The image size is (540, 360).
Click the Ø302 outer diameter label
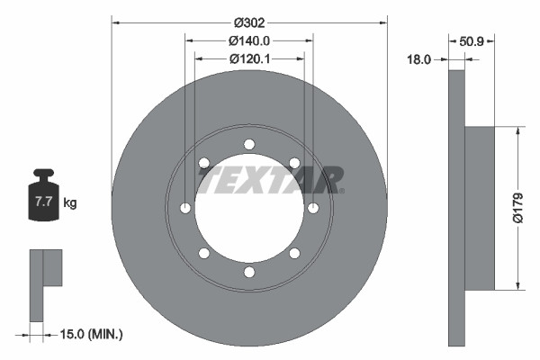coord(249,21)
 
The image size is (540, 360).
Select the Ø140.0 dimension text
coord(249,40)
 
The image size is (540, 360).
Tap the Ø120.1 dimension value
coord(249,58)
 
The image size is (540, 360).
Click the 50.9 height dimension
coord(473,40)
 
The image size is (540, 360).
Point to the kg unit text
coord(70,202)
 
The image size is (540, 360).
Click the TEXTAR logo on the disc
coord(270,180)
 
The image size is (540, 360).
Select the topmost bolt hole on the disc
coord(249,144)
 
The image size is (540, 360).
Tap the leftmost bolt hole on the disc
coord(185,208)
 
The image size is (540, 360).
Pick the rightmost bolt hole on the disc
coord(313,208)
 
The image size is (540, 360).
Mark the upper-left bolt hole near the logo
coord(204,163)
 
